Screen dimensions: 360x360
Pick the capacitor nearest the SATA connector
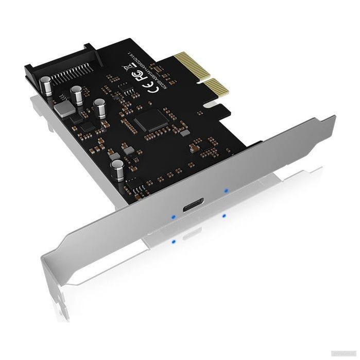tap(46, 84)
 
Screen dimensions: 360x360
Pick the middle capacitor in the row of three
tap(78, 95)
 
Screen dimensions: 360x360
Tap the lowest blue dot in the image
tap(175, 240)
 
